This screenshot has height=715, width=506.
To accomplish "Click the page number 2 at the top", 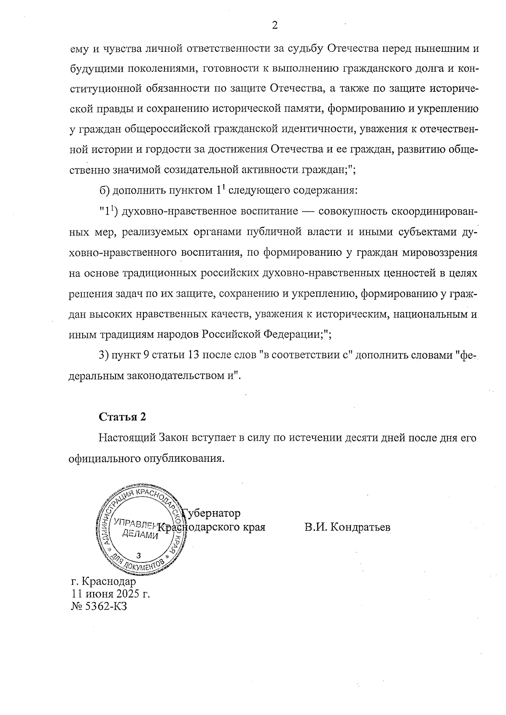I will (275, 26).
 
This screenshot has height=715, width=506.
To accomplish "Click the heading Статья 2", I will (122, 417).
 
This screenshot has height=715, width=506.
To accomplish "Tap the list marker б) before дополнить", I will (105, 191).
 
